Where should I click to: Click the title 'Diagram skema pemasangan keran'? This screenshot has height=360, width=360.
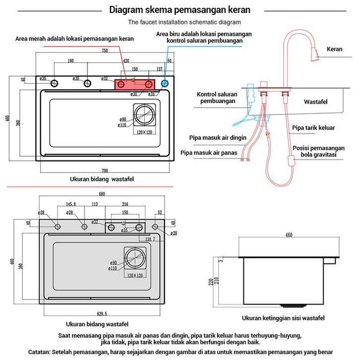pos(180,10)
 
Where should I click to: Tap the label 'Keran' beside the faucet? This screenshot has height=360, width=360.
pos(335,49)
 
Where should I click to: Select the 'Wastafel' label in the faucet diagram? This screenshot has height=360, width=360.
pos(318,102)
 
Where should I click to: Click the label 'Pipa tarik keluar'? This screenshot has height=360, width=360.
pos(313,128)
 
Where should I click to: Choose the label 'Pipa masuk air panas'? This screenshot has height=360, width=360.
pos(209,153)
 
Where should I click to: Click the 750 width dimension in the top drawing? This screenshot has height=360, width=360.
pos(105,51)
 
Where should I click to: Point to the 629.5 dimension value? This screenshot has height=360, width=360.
pos(102,313)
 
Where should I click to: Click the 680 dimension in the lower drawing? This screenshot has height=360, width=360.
pos(102,194)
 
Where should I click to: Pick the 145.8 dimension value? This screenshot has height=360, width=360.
pos(71,204)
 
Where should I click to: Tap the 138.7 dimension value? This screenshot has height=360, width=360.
pos(150,239)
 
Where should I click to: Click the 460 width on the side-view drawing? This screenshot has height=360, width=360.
pos(289,235)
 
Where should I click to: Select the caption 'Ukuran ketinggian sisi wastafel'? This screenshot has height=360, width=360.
pos(283,318)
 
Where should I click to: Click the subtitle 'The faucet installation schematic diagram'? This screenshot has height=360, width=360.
pos(184,22)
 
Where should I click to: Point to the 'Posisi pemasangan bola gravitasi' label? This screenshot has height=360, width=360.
pos(318,151)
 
